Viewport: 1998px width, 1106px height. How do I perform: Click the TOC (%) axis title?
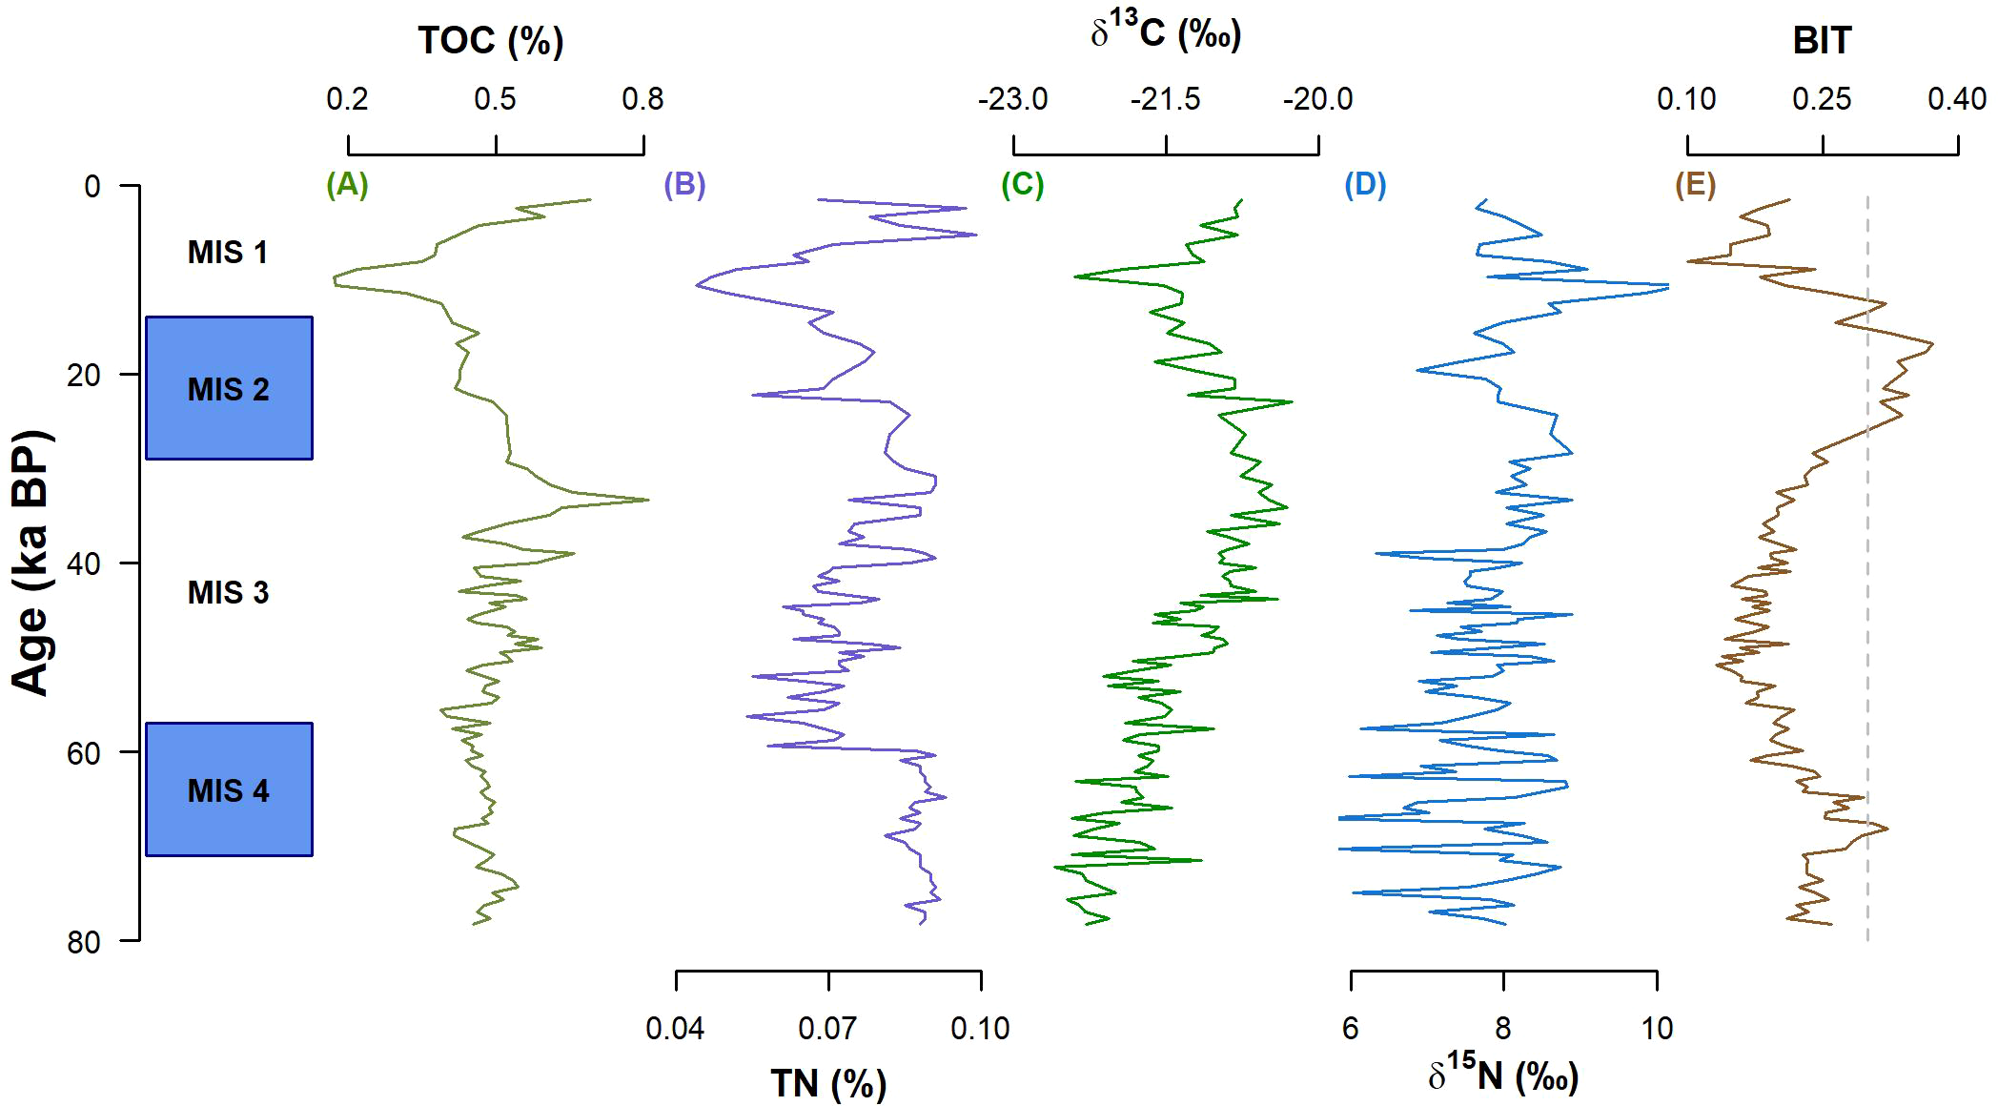[491, 41]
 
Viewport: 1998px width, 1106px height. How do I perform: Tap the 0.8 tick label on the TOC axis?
[642, 99]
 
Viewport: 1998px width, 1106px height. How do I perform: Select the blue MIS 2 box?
[229, 388]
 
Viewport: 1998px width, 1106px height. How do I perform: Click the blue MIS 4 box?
[229, 789]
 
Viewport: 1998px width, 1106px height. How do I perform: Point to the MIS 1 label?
[228, 253]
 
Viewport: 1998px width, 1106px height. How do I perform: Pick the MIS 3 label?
[228, 593]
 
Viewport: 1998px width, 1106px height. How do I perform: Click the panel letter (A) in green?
[347, 184]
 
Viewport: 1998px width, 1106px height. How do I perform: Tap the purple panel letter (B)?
[684, 184]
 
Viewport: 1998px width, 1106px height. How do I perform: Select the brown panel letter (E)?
[1695, 184]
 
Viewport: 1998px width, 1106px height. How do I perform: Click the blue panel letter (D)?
[1365, 184]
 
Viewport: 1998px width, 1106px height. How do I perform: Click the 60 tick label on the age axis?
[84, 753]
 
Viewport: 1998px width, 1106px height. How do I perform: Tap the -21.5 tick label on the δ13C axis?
[1165, 99]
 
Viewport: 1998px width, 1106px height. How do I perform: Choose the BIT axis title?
[1822, 41]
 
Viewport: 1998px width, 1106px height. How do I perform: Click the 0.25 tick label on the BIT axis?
[1822, 99]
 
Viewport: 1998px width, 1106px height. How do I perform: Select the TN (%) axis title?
[828, 1084]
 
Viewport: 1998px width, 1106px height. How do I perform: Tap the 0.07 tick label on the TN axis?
[828, 1029]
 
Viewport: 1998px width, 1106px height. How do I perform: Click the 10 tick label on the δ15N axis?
[1657, 1029]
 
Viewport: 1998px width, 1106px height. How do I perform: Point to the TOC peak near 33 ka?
[646, 499]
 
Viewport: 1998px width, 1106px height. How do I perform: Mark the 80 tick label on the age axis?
[84, 942]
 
